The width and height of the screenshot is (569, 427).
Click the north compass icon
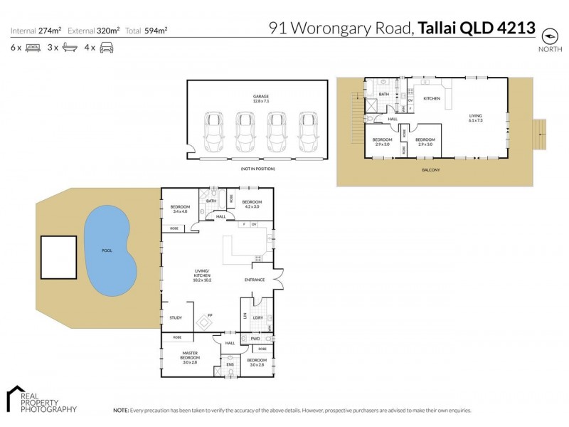(x=548, y=35)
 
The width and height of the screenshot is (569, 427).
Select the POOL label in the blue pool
(x=107, y=251)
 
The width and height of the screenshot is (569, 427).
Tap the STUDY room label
(x=176, y=317)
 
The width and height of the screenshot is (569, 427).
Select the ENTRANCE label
(x=254, y=280)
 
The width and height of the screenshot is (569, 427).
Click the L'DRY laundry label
(x=258, y=317)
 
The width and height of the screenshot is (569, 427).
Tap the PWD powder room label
(x=254, y=339)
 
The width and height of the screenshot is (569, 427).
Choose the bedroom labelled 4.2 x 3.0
(x=252, y=204)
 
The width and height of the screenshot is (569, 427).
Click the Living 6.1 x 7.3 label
(x=475, y=118)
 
